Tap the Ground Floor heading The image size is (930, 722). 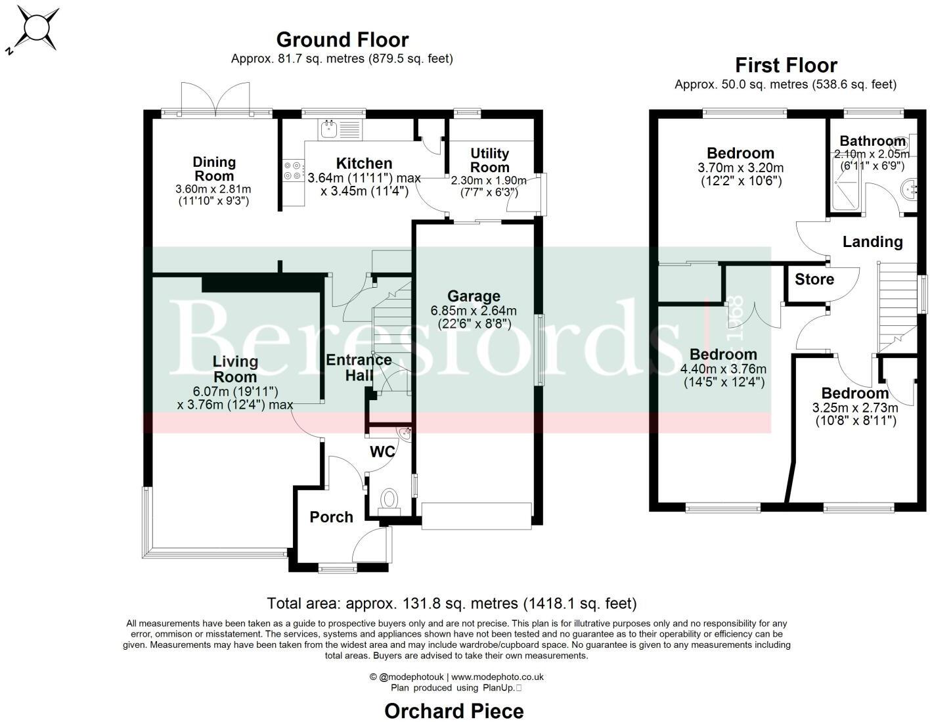coord(342,39)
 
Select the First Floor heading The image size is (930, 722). coord(786,65)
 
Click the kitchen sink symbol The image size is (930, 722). coord(329,129)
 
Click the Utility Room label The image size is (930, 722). coord(489,160)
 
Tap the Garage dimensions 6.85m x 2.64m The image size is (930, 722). coord(474,311)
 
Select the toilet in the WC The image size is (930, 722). coord(390,499)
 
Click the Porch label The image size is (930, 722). coord(331,517)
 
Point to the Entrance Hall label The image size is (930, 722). coord(359,367)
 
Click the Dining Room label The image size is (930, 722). coord(214,169)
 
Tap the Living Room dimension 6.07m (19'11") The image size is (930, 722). coord(235,392)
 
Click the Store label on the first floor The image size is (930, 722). coord(814,279)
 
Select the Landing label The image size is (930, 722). coord(872,242)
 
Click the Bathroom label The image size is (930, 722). coord(872,141)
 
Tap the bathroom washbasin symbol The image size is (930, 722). coord(912,190)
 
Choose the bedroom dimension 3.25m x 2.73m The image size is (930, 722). coord(854,408)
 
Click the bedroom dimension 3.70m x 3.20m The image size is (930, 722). coord(740,168)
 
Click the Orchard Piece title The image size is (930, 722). coord(454,711)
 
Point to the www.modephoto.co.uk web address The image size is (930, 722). coord(497,677)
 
